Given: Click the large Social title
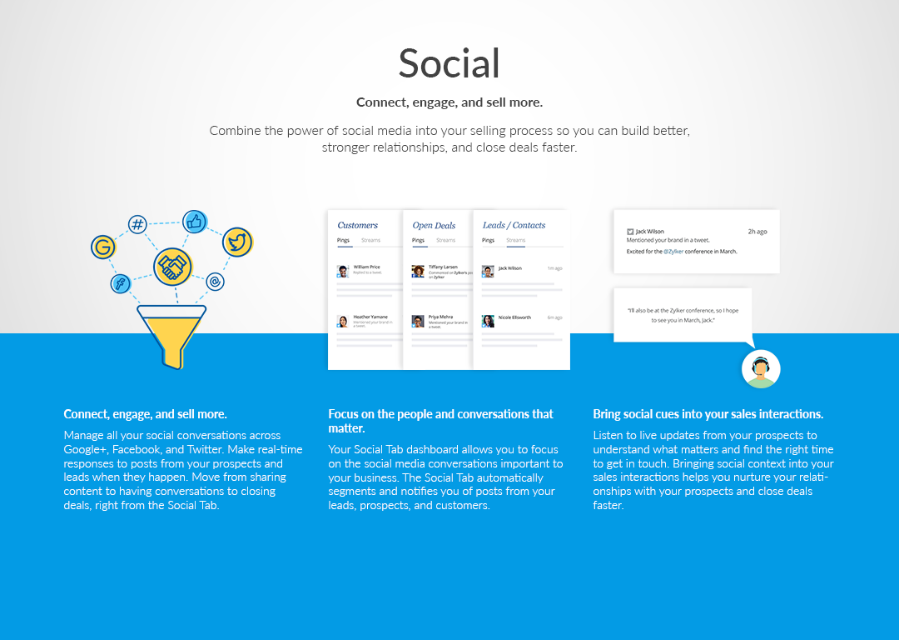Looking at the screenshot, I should click(x=449, y=63).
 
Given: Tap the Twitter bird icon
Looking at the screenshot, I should click(x=237, y=242).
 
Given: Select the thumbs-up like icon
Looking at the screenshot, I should click(x=195, y=222).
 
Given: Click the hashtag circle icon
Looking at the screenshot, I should click(x=138, y=224).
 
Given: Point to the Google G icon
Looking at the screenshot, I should click(x=103, y=247).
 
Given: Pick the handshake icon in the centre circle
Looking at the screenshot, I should click(x=172, y=267).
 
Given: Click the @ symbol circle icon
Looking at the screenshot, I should click(x=215, y=282).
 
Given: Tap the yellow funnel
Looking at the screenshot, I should click(x=171, y=333).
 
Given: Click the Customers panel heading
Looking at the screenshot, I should click(x=357, y=225).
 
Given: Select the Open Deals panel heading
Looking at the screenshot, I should click(x=434, y=225).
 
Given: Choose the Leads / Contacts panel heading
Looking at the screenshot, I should click(x=514, y=225).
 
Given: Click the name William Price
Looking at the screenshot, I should click(x=366, y=267).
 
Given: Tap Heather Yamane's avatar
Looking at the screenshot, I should click(x=342, y=321).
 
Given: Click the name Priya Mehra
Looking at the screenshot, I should click(x=441, y=317).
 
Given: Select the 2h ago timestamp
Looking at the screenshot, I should click(x=757, y=232).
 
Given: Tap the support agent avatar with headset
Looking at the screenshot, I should click(x=761, y=368).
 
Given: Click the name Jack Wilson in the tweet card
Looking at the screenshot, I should click(x=649, y=232).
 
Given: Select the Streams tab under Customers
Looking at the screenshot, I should click(x=370, y=241).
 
